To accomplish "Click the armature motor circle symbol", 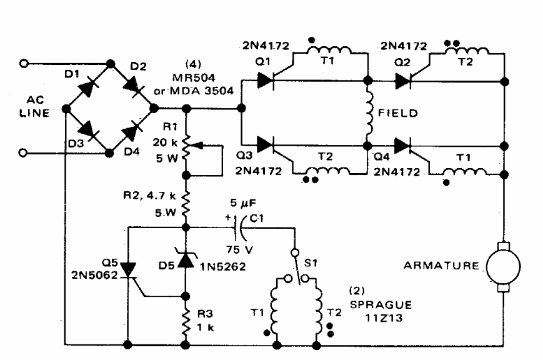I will point(504,264).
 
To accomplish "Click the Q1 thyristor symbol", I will point(266,80).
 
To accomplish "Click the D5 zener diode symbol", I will point(186,259).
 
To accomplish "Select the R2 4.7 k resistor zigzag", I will point(186,201).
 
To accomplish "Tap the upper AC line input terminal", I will point(25,63).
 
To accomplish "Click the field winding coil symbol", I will point(369,114).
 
